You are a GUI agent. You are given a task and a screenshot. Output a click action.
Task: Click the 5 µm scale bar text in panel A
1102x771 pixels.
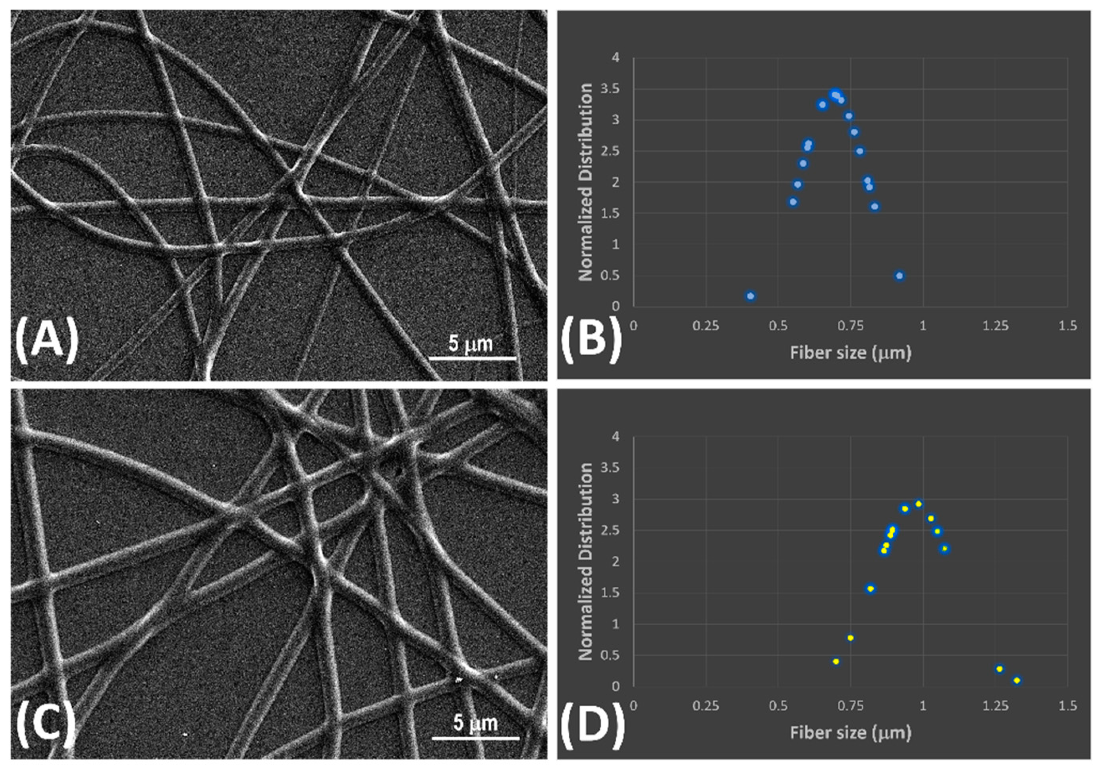(x=470, y=343)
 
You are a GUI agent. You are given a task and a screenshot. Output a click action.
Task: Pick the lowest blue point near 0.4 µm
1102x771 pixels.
(x=751, y=296)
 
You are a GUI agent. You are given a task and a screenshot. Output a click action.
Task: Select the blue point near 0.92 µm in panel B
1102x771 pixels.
(x=899, y=276)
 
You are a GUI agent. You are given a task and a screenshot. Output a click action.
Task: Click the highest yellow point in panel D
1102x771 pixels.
(x=919, y=504)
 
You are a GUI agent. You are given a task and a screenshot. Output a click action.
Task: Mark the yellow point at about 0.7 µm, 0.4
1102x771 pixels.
(x=836, y=661)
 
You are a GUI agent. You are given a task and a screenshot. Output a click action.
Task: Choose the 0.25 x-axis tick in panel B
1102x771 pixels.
(x=706, y=326)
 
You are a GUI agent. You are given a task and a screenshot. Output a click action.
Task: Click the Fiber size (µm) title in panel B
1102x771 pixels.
(x=851, y=353)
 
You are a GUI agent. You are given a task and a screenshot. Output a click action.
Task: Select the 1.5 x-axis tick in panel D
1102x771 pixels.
(x=1067, y=706)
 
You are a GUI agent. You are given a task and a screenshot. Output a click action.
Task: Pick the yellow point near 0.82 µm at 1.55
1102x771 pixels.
(x=870, y=589)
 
